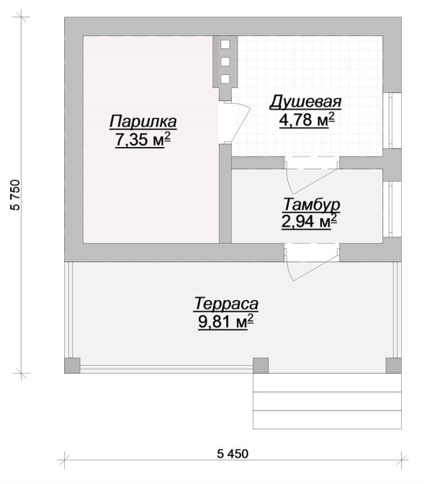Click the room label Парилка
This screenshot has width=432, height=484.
coord(143,121)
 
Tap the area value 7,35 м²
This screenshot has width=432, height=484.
coord(143,140)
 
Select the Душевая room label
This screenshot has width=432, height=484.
coord(306,102)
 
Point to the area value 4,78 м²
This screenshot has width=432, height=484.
coord(307,120)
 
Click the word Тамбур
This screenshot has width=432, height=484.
coord(311,204)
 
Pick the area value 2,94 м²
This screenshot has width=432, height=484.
coord(309,221)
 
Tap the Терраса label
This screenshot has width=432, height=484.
coord(226,304)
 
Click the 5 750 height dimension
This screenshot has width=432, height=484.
coord(15,195)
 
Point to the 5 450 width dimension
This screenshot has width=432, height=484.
coord(233,454)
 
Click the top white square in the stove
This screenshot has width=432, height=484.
coord(225,45)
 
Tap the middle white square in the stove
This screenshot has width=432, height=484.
coord(225,61)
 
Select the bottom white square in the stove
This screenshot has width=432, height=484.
coord(225,79)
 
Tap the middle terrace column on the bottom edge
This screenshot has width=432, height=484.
coord(261,366)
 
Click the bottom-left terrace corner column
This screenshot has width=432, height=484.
coord(72,366)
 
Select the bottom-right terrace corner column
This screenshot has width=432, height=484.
coord(394,366)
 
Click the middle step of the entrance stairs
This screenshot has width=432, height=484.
coord(327,401)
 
